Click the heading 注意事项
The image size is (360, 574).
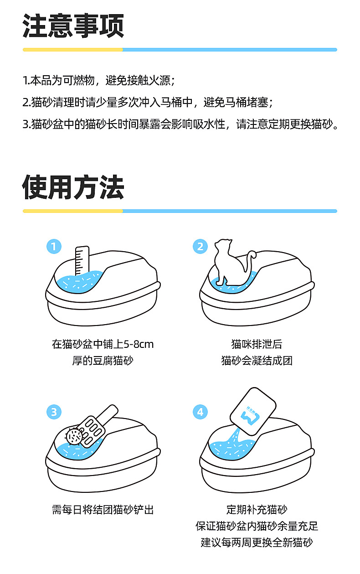73,26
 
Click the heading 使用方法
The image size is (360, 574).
73,187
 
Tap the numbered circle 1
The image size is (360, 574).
54,247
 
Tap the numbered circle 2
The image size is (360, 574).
200,247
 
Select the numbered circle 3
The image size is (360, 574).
54,412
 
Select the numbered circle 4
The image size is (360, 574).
200,412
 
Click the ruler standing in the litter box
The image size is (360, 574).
82,261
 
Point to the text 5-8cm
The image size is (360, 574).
139,344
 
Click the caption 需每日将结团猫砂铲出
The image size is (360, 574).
103,510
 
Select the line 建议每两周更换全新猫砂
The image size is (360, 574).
257,543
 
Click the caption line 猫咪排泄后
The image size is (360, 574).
257,344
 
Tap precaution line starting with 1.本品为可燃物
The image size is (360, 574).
99,80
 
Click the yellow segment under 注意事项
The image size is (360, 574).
73,50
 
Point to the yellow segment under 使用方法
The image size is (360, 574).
73,211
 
